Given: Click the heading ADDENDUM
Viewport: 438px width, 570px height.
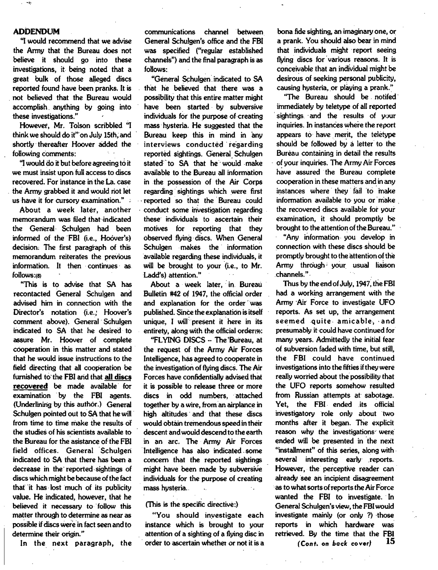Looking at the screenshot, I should (36, 32).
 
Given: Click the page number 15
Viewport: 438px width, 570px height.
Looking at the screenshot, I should (390, 541).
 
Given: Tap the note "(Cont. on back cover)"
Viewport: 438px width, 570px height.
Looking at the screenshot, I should (334, 543).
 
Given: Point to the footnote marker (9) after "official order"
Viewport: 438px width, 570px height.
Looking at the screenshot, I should (258, 331).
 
